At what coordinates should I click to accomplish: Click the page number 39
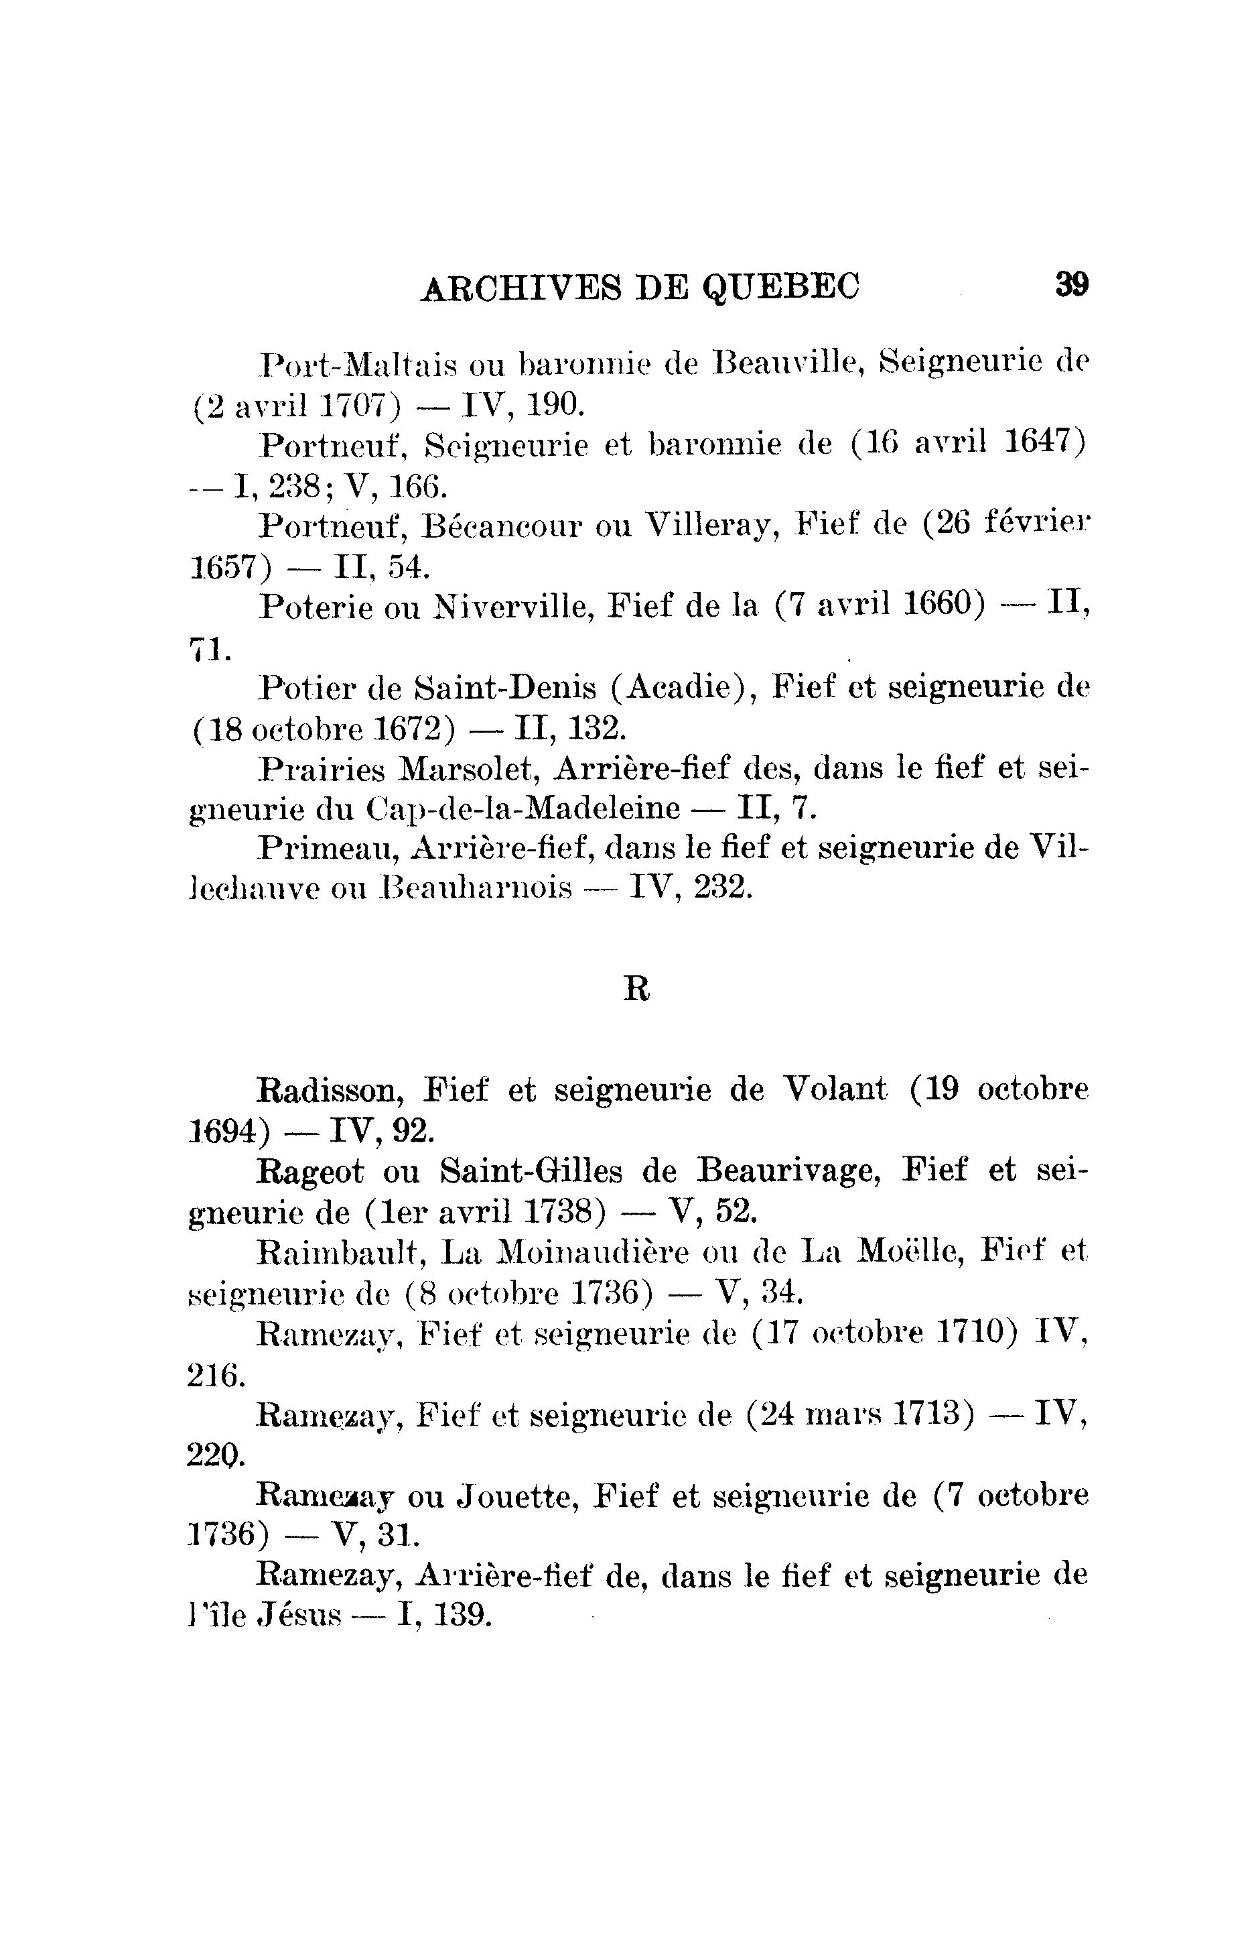click(x=1071, y=285)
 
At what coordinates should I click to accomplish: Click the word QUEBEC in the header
click(x=780, y=287)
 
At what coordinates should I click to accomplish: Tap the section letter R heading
click(x=636, y=989)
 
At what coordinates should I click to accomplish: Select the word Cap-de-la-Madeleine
click(x=524, y=809)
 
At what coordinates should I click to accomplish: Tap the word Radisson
click(x=331, y=1090)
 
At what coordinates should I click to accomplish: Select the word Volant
click(x=835, y=1090)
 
